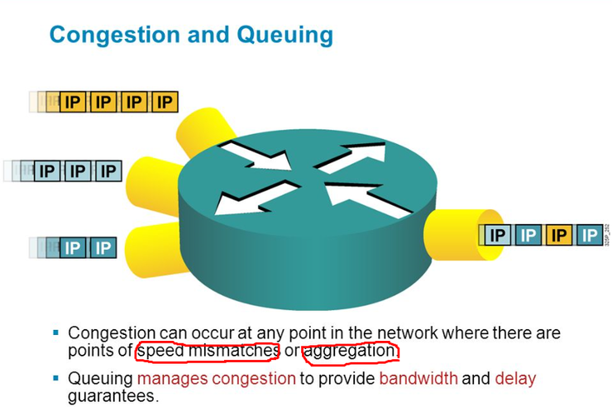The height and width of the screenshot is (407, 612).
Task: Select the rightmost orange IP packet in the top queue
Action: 165,102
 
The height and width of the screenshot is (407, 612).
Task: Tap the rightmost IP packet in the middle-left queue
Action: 106,172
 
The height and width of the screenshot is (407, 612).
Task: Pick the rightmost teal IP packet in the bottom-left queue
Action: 102,247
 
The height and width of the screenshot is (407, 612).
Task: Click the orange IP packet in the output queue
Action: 558,236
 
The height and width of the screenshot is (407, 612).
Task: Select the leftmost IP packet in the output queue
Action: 496,236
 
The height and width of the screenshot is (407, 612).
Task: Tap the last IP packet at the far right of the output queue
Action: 590,236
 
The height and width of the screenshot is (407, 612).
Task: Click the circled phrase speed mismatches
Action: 208,352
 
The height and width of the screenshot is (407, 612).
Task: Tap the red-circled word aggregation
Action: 350,352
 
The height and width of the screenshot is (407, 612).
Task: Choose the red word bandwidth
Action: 418,379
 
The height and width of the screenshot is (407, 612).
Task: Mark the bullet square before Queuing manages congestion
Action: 56,378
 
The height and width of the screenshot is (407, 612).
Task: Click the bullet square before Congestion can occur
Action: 56,333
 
